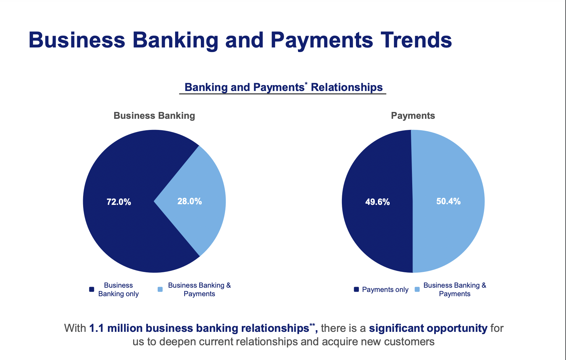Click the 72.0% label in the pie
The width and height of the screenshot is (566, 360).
[x=119, y=202]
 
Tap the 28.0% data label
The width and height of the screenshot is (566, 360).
[x=189, y=201]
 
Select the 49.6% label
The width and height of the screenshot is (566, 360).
[x=378, y=202]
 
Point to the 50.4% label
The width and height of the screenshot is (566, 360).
[x=449, y=201]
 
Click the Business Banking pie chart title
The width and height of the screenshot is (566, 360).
[x=154, y=116]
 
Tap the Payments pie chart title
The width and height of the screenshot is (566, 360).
[x=413, y=116]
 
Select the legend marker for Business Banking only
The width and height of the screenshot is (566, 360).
[x=92, y=289]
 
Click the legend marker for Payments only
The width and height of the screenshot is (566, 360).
[x=356, y=289]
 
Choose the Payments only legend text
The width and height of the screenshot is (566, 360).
[x=385, y=290]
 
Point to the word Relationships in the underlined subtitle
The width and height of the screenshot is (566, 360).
[x=347, y=87]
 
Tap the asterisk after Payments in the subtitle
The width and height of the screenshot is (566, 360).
[x=306, y=83]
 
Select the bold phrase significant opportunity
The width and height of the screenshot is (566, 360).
[x=428, y=328]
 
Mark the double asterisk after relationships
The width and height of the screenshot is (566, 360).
[x=312, y=325]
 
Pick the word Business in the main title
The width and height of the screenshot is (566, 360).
[x=77, y=40]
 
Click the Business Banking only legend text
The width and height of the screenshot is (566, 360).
[x=118, y=290]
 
